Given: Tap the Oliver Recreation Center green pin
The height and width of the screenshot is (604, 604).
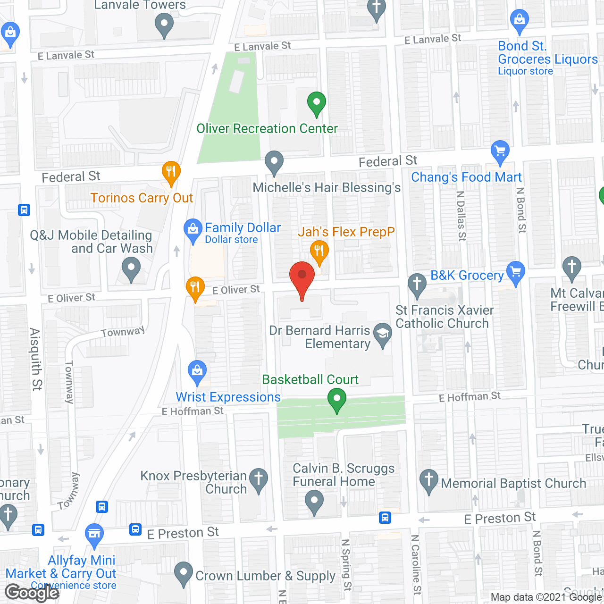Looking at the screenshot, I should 317,102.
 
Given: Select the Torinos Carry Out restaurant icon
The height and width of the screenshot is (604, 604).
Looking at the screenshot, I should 171,172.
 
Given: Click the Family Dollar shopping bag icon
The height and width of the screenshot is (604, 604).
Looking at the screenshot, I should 193,230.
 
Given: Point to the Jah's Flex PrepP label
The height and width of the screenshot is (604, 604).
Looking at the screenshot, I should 346,232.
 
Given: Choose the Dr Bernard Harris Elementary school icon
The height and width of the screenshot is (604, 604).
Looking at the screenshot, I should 383,334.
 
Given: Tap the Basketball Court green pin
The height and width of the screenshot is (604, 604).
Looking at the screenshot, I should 336,399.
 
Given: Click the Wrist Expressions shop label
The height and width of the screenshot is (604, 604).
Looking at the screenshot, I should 228,397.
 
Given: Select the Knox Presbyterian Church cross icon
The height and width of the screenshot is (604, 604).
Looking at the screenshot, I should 259,478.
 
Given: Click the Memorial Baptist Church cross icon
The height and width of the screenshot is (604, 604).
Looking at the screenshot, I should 429,480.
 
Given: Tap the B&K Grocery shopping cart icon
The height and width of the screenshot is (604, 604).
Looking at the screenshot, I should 516,272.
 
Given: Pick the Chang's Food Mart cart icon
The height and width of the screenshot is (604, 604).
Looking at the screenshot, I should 500,151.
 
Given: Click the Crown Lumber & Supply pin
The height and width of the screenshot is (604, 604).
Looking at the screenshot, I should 183,572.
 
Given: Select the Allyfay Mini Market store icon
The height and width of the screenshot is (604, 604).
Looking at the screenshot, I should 94,534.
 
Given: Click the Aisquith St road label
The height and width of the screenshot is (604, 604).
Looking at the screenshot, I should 36,359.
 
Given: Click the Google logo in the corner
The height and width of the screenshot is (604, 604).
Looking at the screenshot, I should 32,592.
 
